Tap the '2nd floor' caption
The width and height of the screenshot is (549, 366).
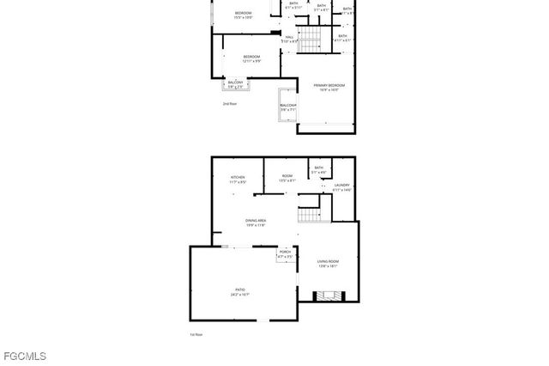pyautogui.click(x=229, y=103)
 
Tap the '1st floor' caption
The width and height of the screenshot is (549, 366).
pyautogui.click(x=196, y=334)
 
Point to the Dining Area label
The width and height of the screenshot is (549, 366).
pyautogui.click(x=256, y=223)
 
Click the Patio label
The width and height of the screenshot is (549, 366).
pyautogui.click(x=239, y=292)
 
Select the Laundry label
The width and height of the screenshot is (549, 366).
pyautogui.click(x=341, y=186)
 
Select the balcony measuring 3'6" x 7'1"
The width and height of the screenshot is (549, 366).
pyautogui.click(x=287, y=107)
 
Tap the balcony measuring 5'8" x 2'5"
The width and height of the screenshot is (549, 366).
pyautogui.click(x=235, y=84)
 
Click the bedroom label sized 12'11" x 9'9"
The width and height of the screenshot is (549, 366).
pyautogui.click(x=251, y=58)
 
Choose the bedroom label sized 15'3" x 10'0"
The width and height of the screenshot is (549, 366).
pyautogui.click(x=244, y=15)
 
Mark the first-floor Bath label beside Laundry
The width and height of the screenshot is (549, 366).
pyautogui.click(x=319, y=170)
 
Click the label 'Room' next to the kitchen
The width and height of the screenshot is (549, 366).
pyautogui.click(x=287, y=178)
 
